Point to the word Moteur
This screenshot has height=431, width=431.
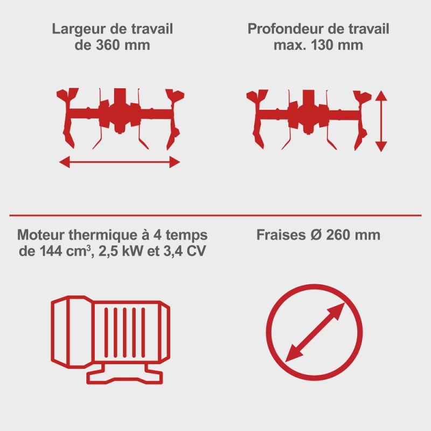coord(41,235)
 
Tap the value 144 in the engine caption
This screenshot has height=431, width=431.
coord(51,251)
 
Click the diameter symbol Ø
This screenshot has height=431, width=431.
coord(316,235)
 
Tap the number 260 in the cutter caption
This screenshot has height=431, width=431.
coord(338,235)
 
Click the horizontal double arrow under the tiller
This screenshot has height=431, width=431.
coord(120,162)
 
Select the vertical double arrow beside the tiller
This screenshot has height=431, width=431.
coord(381,121)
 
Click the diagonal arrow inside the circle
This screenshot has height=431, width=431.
coord(315,332)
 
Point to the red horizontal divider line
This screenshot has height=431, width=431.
coord(215,215)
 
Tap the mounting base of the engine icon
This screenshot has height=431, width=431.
coord(124,374)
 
